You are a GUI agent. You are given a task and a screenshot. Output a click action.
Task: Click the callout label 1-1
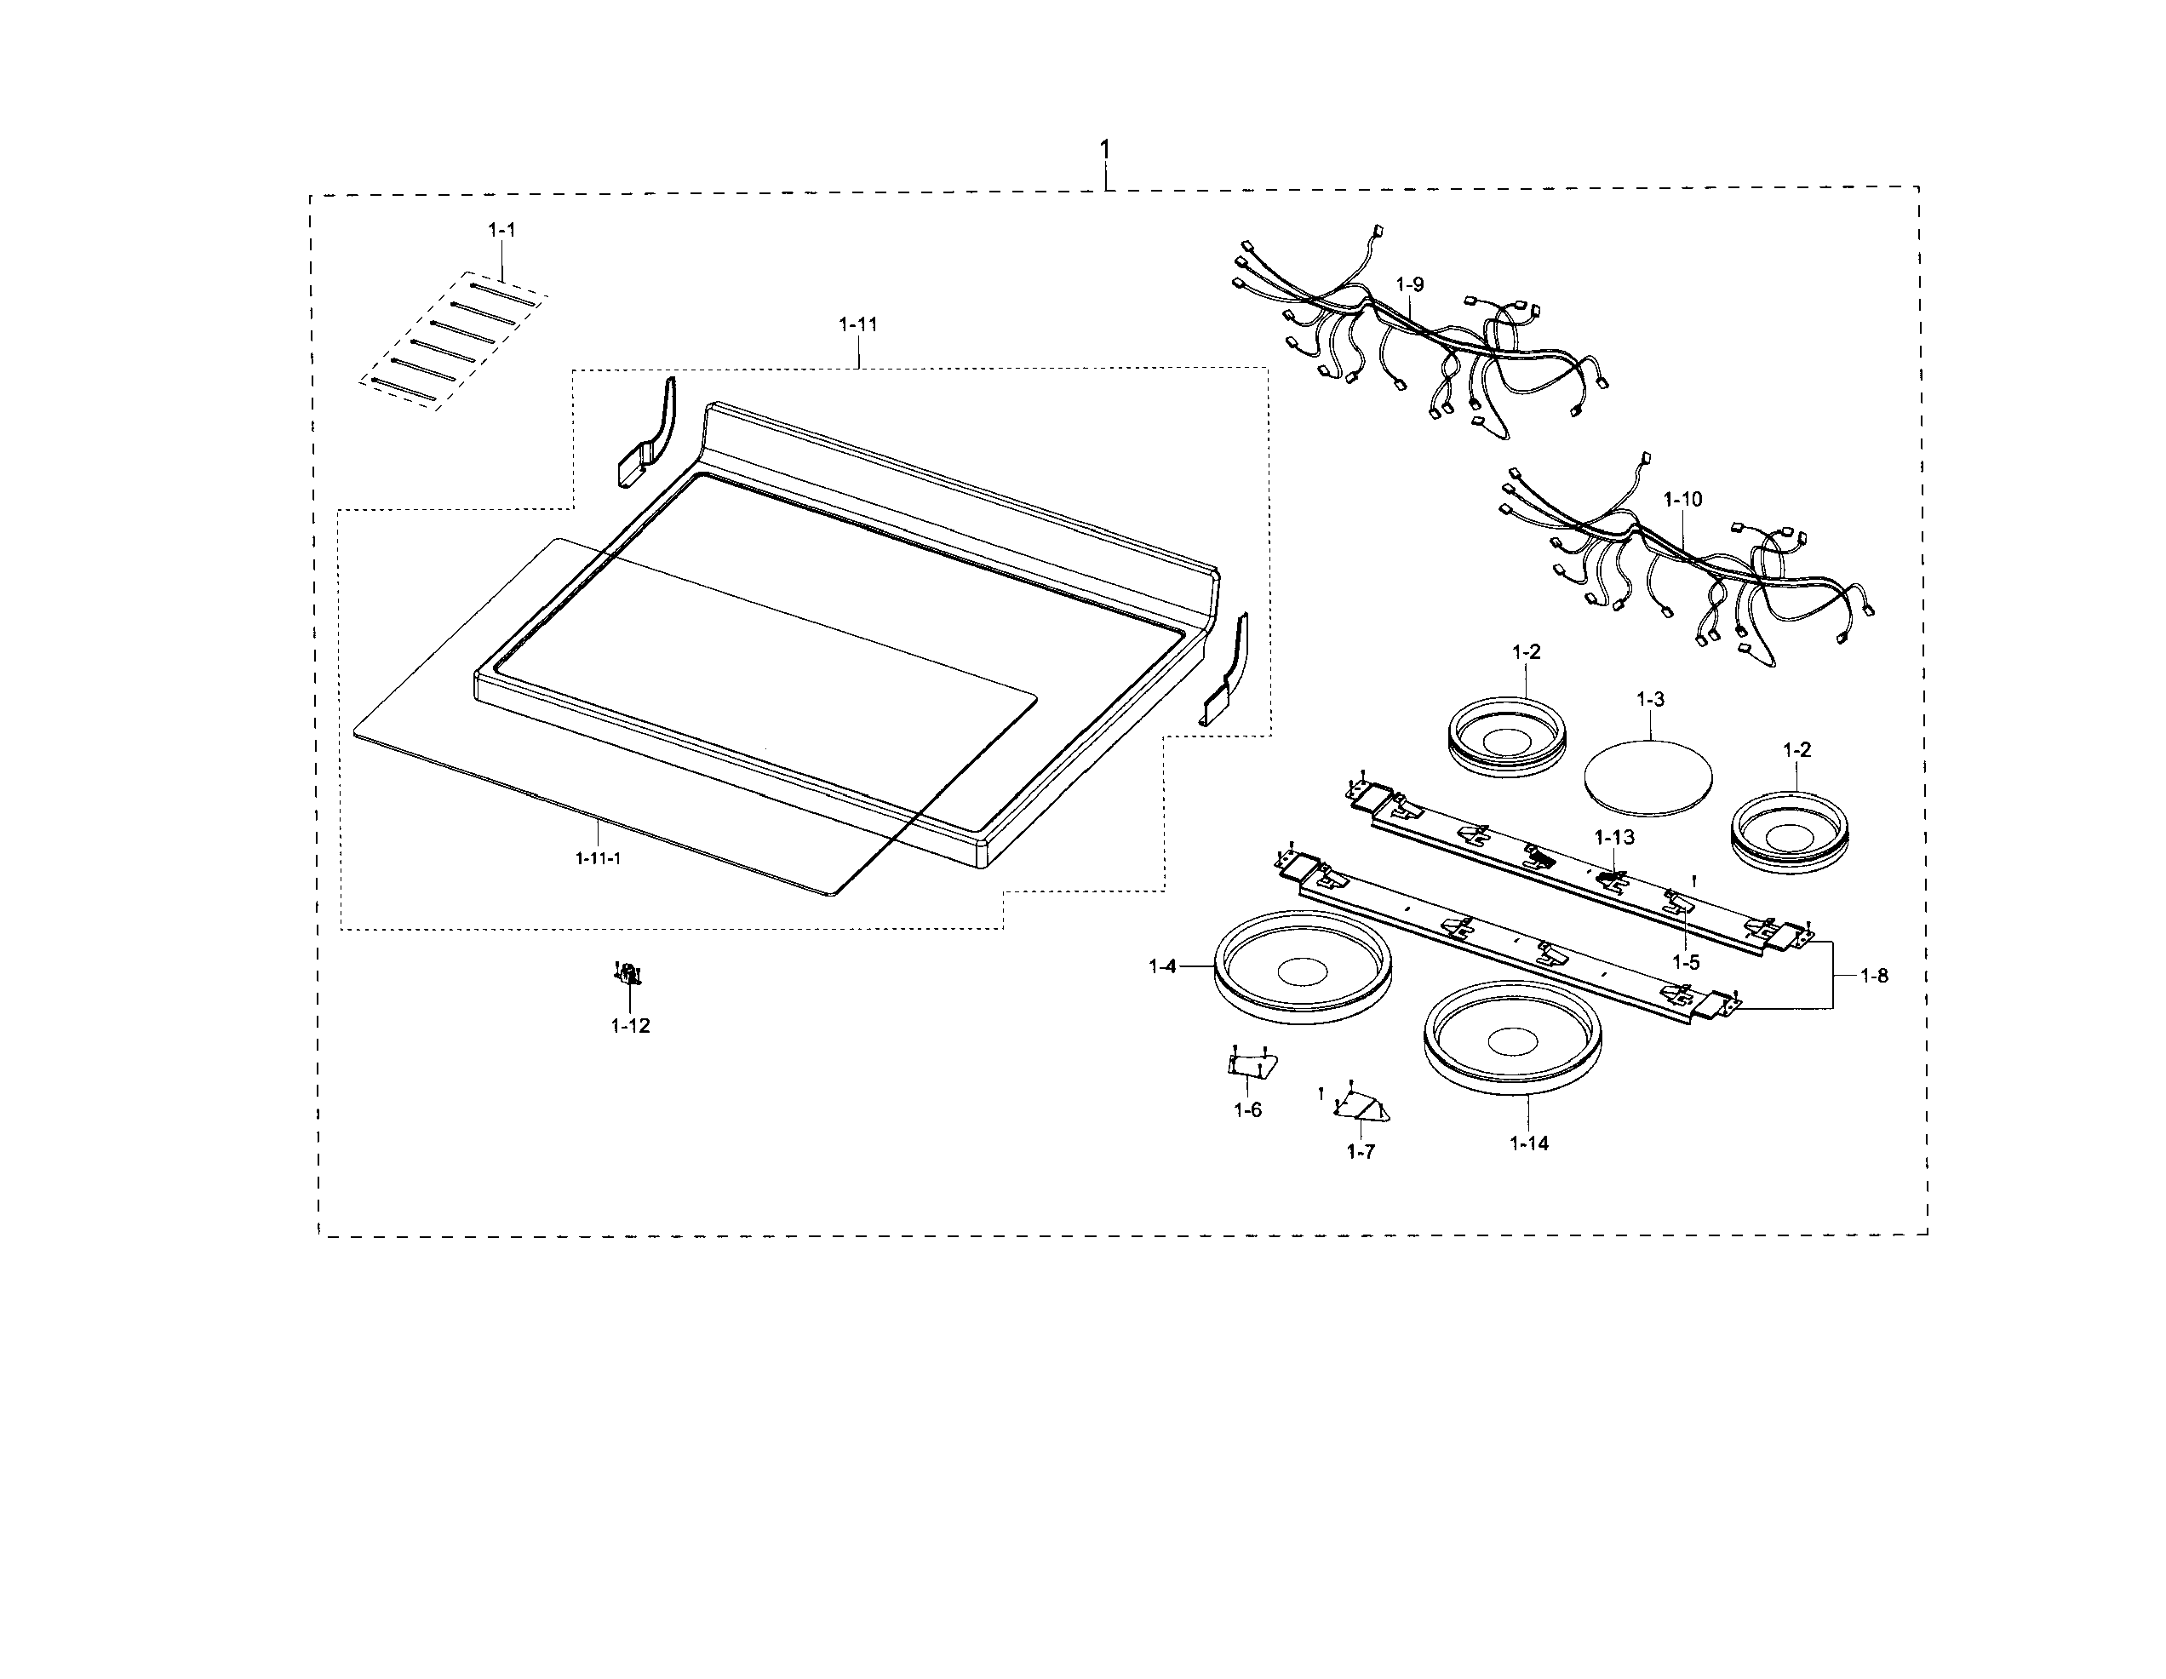click(x=501, y=230)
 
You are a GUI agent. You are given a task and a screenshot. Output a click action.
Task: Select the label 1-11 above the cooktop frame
click(x=858, y=324)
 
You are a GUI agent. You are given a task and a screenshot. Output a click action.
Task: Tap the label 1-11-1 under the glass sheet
click(x=598, y=858)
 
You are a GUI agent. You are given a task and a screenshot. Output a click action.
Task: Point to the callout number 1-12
click(x=630, y=1025)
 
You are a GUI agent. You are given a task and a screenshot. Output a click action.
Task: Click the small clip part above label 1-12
click(x=627, y=974)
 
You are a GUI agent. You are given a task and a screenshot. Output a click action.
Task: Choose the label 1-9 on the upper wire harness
click(x=1409, y=284)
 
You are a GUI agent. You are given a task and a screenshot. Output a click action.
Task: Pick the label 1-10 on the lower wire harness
click(x=1682, y=499)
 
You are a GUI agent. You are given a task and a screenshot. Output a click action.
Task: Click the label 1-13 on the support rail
click(x=1614, y=837)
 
